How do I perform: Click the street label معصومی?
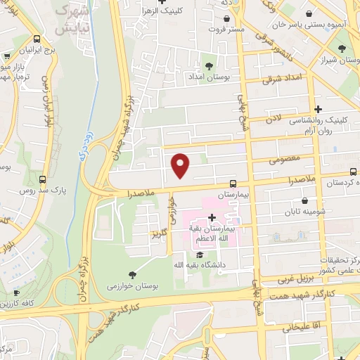pos(285,160)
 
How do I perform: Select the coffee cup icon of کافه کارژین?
pos(16,292)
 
